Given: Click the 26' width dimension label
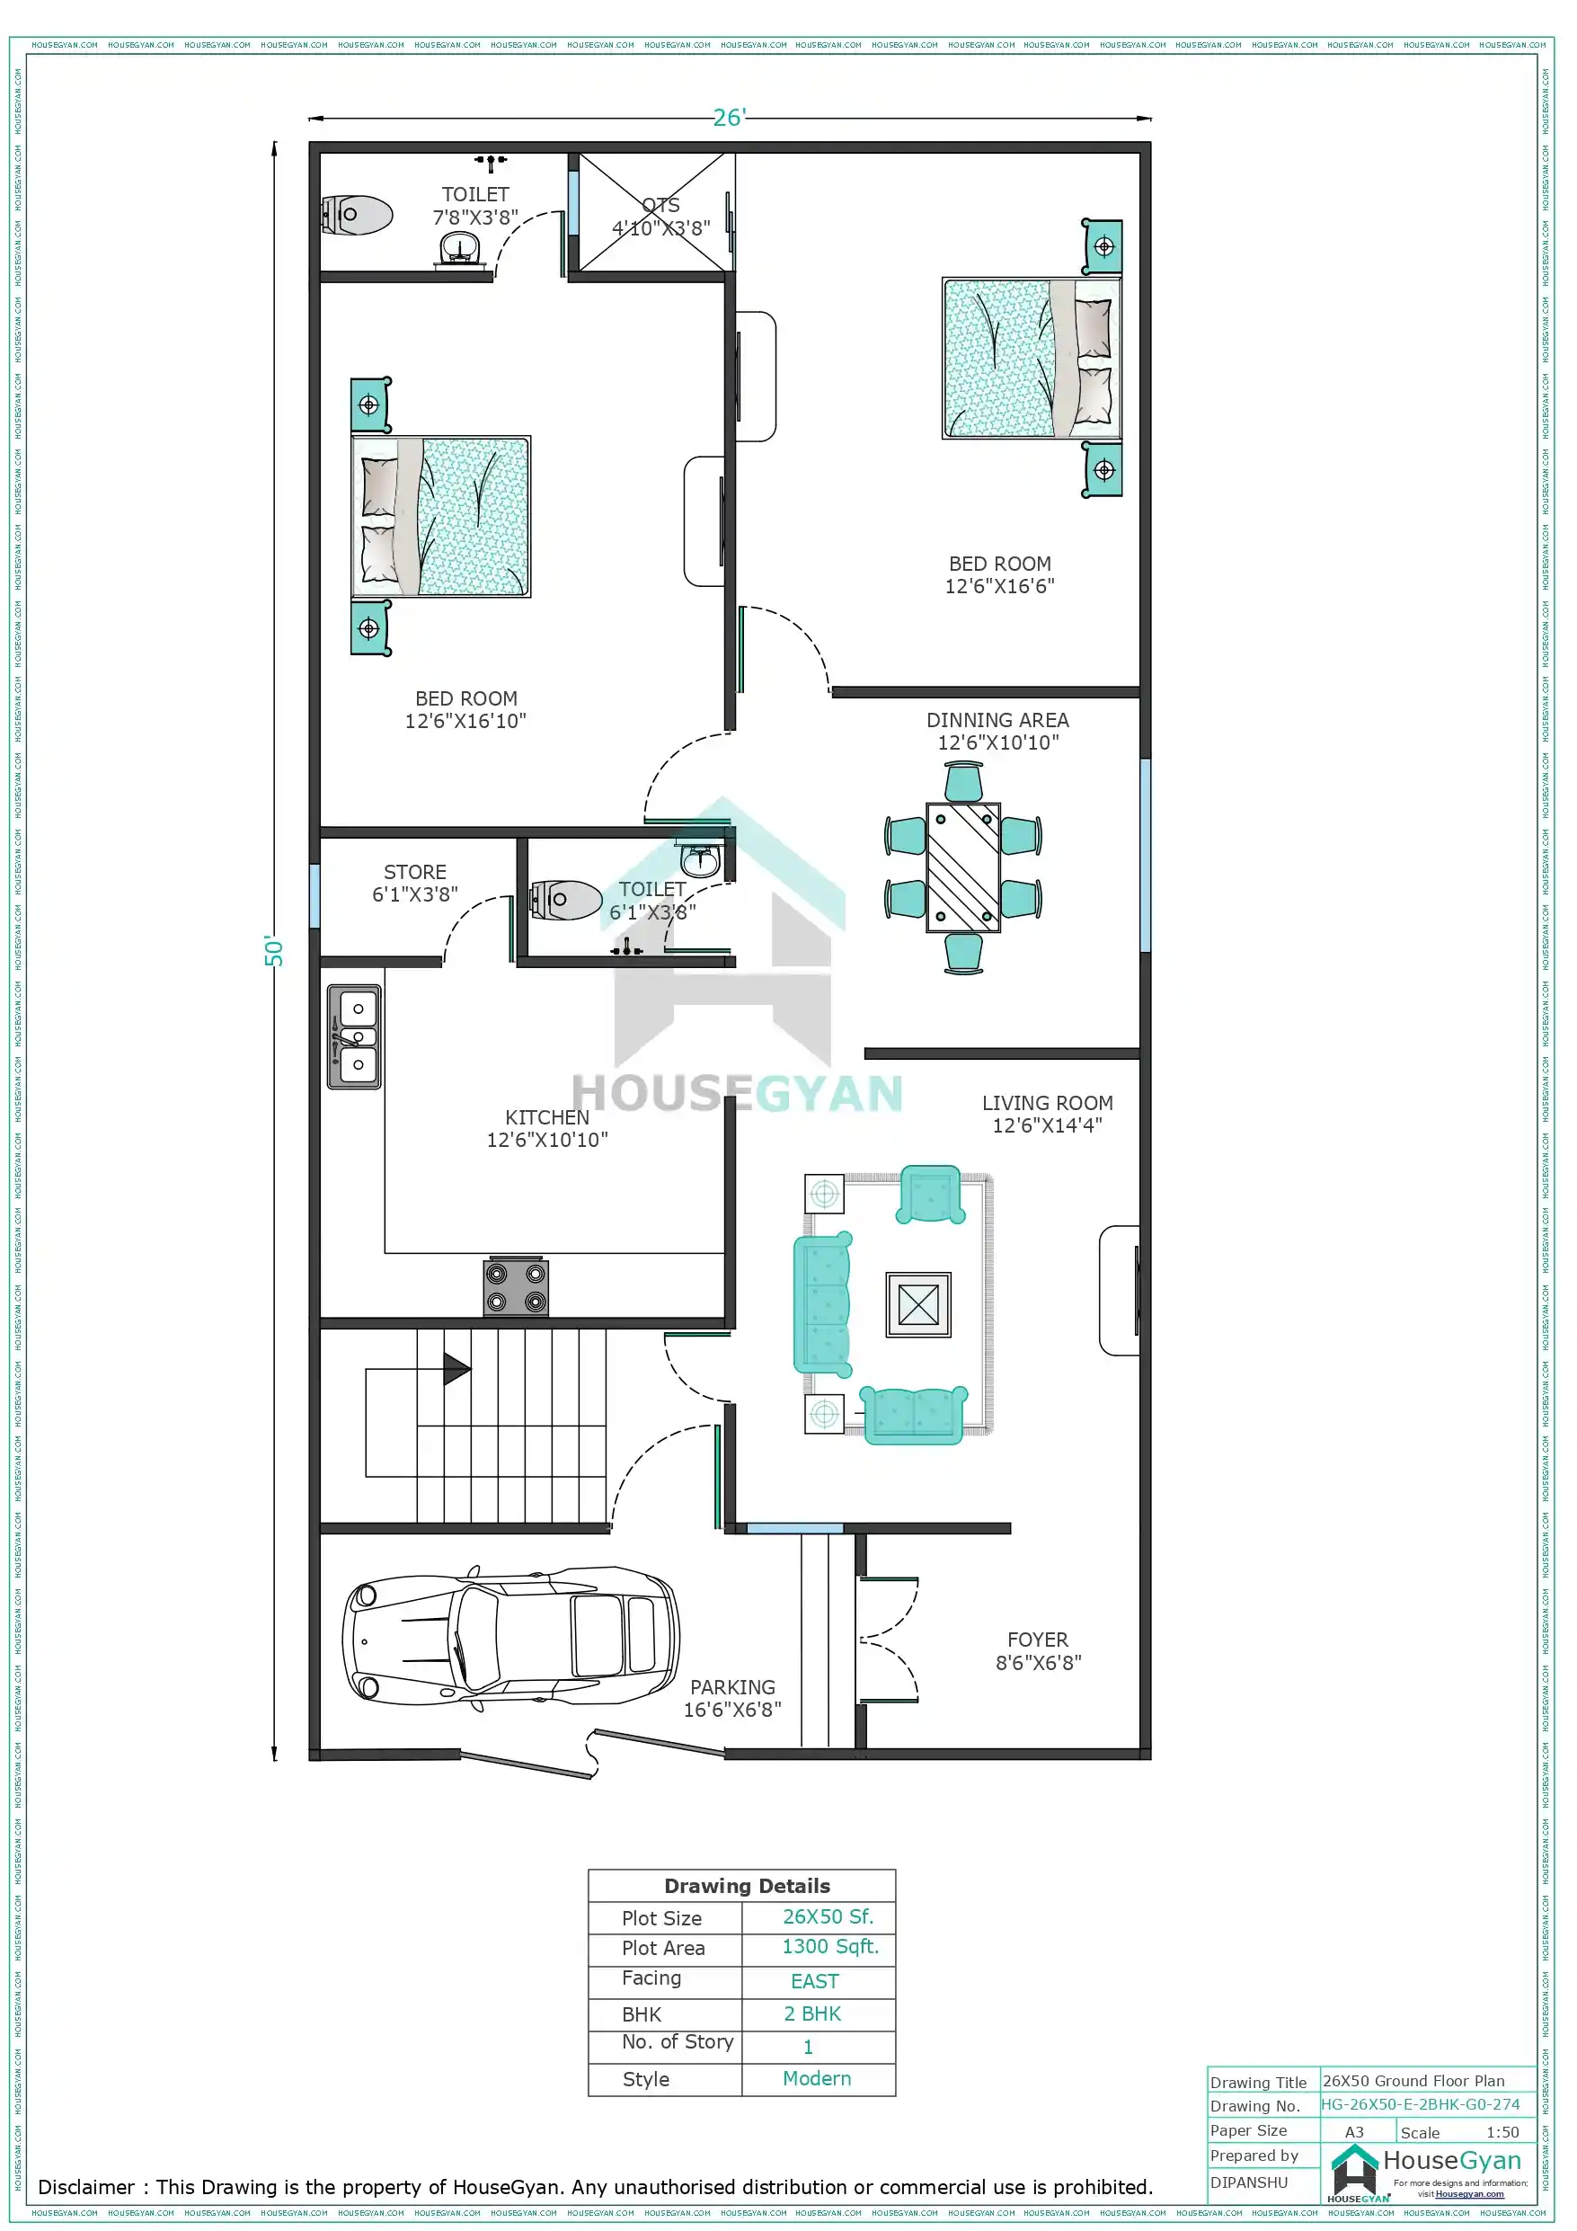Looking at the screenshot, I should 728,118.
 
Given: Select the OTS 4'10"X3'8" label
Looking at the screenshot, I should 660,217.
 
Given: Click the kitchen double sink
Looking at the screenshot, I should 355,1036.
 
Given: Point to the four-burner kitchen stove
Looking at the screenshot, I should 516,1286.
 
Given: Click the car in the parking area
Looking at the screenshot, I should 510,1639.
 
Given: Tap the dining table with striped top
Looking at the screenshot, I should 963,867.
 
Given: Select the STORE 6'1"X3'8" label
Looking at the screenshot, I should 415,884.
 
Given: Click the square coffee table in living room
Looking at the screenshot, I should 918,1304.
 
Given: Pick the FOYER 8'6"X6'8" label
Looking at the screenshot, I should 1038,1651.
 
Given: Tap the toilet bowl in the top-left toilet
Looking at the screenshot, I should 359,215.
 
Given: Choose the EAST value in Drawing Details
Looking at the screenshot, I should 814,1980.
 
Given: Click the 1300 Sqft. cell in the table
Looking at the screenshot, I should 829,1946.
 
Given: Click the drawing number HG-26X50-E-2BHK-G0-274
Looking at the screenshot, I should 1420,2104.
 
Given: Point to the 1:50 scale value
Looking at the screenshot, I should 1502,2132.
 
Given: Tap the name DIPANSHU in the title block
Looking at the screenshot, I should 1249,2182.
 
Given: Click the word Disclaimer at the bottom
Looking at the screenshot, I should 85,2187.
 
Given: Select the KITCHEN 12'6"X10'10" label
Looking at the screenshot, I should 547,1128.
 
